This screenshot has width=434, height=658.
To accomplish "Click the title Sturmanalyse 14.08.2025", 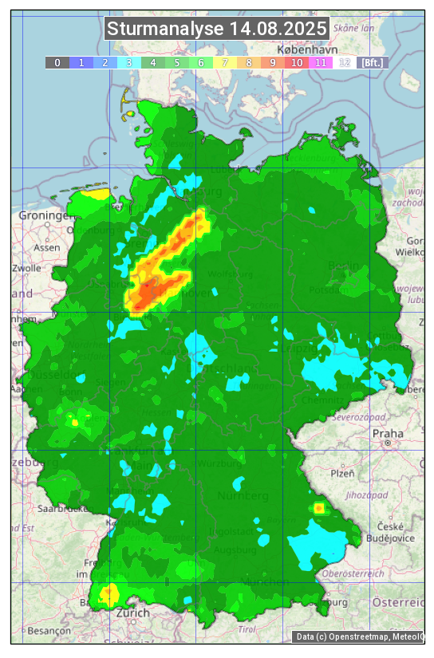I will [216, 29].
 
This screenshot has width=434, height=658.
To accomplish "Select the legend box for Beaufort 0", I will [57, 62].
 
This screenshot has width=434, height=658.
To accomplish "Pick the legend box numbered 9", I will [272, 62].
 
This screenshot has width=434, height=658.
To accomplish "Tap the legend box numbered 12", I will [344, 62].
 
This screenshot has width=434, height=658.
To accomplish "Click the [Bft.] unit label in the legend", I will [372, 62].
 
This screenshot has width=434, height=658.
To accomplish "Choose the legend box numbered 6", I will [200, 62].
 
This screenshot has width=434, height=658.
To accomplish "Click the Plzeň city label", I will [342, 473].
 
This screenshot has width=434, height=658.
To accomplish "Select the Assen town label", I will [47, 247].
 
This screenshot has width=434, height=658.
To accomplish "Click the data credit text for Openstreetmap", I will [357, 636].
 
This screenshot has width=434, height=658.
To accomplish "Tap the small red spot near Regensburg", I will [318, 507].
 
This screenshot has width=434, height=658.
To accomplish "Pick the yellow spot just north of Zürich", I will [108, 593].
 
